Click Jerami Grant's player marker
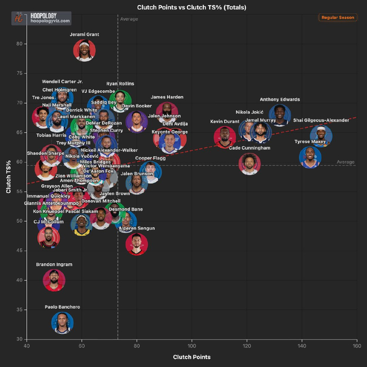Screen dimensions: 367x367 84,50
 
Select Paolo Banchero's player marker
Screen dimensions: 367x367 62,323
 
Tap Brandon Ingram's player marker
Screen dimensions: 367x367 54,280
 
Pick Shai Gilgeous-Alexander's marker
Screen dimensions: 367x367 321,136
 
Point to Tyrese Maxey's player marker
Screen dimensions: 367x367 310,157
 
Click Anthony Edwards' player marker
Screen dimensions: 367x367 280,115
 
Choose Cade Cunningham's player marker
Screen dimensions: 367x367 250,164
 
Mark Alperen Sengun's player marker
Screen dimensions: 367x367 137,244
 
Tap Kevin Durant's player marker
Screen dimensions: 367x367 225,137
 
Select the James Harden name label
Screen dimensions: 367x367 167,97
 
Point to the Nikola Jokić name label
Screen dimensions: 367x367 249,112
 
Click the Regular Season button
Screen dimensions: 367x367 337,17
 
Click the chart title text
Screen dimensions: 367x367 191,7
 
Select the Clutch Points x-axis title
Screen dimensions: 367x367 191,357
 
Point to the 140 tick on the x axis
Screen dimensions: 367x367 301,346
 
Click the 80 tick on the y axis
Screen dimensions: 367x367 19,44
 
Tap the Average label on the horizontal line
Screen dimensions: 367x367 346,162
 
